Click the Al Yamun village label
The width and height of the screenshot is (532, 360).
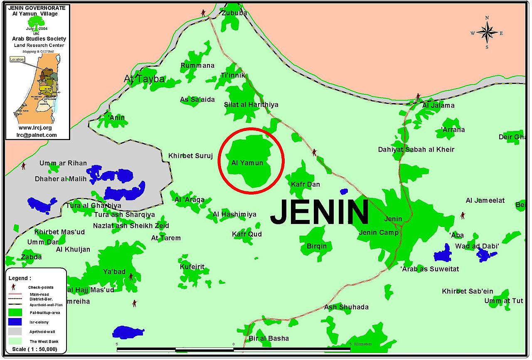(247, 163)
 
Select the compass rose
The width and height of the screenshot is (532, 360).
(487, 32)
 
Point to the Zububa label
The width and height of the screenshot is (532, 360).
(234, 13)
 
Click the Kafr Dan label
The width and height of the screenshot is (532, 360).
(305, 184)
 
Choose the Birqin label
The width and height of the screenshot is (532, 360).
(317, 246)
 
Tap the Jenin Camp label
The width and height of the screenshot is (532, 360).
(378, 233)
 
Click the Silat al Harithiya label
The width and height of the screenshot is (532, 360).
(251, 105)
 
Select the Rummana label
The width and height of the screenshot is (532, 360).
(197, 66)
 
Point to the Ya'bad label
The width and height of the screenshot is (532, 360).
(114, 272)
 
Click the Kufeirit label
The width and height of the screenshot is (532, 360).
(192, 266)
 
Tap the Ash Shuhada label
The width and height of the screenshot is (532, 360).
(346, 307)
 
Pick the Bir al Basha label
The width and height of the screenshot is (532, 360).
(268, 338)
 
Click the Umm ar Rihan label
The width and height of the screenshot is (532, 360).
(63, 163)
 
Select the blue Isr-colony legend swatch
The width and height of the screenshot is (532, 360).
(15, 322)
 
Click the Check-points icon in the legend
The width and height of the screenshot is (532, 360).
(14, 287)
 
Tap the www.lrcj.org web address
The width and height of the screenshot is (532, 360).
(35, 128)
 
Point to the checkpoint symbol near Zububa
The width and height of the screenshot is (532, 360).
(203, 12)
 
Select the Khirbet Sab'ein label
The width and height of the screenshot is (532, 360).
(468, 291)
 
